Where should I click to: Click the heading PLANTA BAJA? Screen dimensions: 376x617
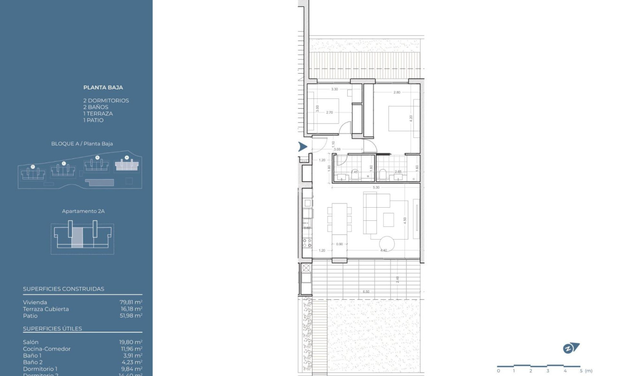pyautogui.click(x=103, y=87)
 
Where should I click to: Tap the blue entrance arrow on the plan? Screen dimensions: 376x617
pyautogui.click(x=303, y=147)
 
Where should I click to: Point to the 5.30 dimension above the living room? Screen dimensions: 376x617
pyautogui.click(x=376, y=188)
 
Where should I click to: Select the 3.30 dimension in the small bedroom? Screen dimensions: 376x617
pyautogui.click(x=335, y=89)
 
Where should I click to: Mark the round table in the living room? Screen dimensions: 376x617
pyautogui.click(x=388, y=243)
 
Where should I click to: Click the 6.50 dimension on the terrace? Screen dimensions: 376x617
pyautogui.click(x=366, y=292)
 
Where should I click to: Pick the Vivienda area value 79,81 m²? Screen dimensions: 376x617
pyautogui.click(x=131, y=302)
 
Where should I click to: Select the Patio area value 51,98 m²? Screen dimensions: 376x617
pyautogui.click(x=131, y=316)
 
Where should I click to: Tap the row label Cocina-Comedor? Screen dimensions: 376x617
pyautogui.click(x=47, y=349)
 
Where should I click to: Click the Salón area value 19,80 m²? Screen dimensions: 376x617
pyautogui.click(x=131, y=342)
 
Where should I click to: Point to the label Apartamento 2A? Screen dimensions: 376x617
pyautogui.click(x=83, y=211)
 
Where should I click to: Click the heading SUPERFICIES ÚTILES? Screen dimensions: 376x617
pyautogui.click(x=53, y=329)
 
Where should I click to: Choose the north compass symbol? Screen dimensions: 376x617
pyautogui.click(x=571, y=348)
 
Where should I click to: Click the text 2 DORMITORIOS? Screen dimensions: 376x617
pyautogui.click(x=106, y=100)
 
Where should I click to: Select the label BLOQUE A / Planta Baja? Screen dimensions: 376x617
pyautogui.click(x=82, y=144)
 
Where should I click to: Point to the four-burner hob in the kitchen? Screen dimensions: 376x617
pyautogui.click(x=307, y=242)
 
